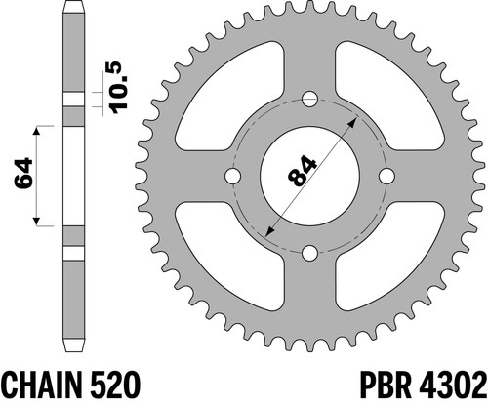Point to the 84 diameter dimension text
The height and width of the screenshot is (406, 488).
pyautogui.click(x=302, y=172)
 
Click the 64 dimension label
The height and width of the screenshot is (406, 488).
pyautogui.click(x=23, y=174)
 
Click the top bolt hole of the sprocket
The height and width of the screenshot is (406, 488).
pyautogui.click(x=309, y=99)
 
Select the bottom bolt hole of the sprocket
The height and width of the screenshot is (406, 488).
pyautogui.click(x=309, y=254)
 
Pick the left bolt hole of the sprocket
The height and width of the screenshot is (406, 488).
pyautogui.click(x=232, y=176)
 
